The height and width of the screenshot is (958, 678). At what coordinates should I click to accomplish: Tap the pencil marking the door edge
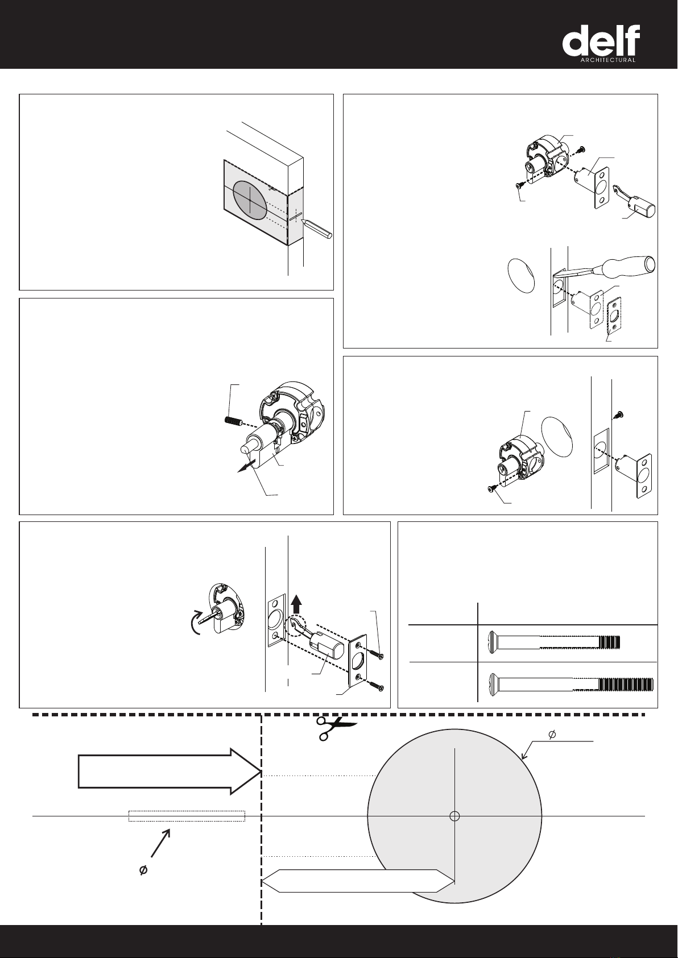(317, 227)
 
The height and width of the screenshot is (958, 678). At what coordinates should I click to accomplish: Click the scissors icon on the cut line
(336, 728)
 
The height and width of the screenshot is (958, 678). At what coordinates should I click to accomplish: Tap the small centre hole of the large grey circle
(454, 816)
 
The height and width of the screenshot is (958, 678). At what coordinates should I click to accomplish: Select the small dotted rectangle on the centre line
(187, 816)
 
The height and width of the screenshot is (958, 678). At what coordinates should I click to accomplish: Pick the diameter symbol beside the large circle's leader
(551, 735)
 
